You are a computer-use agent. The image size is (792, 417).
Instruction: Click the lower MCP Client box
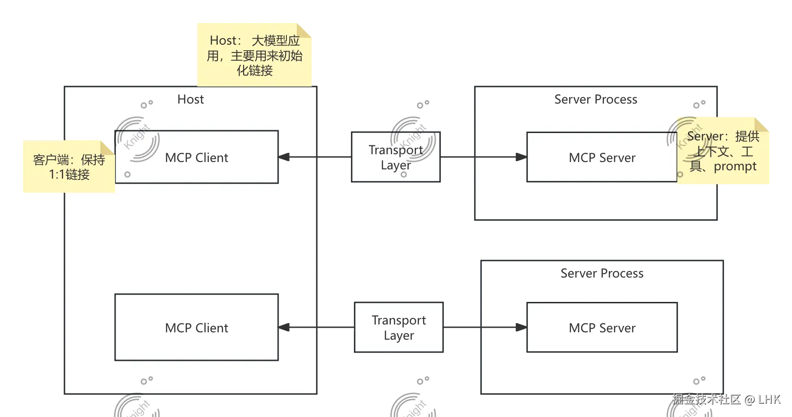point(197,327)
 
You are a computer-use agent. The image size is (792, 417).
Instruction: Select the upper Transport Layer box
point(396,157)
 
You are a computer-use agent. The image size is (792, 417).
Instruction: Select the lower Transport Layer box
point(399,327)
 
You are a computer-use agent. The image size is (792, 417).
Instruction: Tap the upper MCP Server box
point(601,157)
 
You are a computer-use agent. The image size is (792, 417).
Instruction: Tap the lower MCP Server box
point(601,327)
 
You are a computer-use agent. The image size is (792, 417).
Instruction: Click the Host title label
point(191,99)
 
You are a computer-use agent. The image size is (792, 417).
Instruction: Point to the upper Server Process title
point(595,99)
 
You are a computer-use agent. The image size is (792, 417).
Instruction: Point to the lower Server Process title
point(601,273)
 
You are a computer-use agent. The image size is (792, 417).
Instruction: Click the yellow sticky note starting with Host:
point(254,55)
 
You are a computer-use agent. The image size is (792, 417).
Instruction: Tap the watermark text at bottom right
point(726,399)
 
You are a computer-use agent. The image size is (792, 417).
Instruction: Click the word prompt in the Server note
point(735,167)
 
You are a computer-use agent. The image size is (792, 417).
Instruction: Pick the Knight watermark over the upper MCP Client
point(137,138)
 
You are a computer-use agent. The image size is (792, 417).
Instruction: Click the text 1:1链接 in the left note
point(69,175)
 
